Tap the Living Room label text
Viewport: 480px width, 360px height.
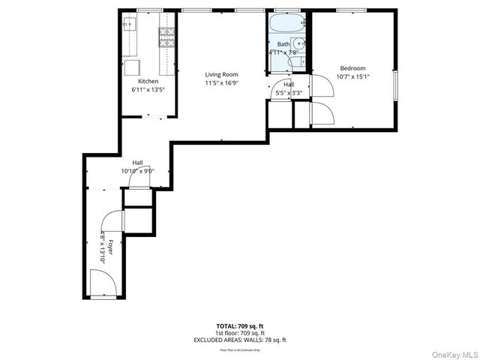click(x=222, y=74)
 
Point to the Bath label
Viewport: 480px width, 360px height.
click(x=283, y=45)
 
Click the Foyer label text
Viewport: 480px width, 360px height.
click(x=109, y=247)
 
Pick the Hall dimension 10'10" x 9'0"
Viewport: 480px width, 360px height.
click(x=137, y=171)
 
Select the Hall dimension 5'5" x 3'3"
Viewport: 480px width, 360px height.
click(x=288, y=93)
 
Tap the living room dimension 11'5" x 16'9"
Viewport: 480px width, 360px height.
click(x=222, y=82)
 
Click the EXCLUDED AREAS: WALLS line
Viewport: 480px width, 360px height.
click(x=239, y=340)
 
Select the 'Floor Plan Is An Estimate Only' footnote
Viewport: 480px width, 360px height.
click(x=239, y=349)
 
